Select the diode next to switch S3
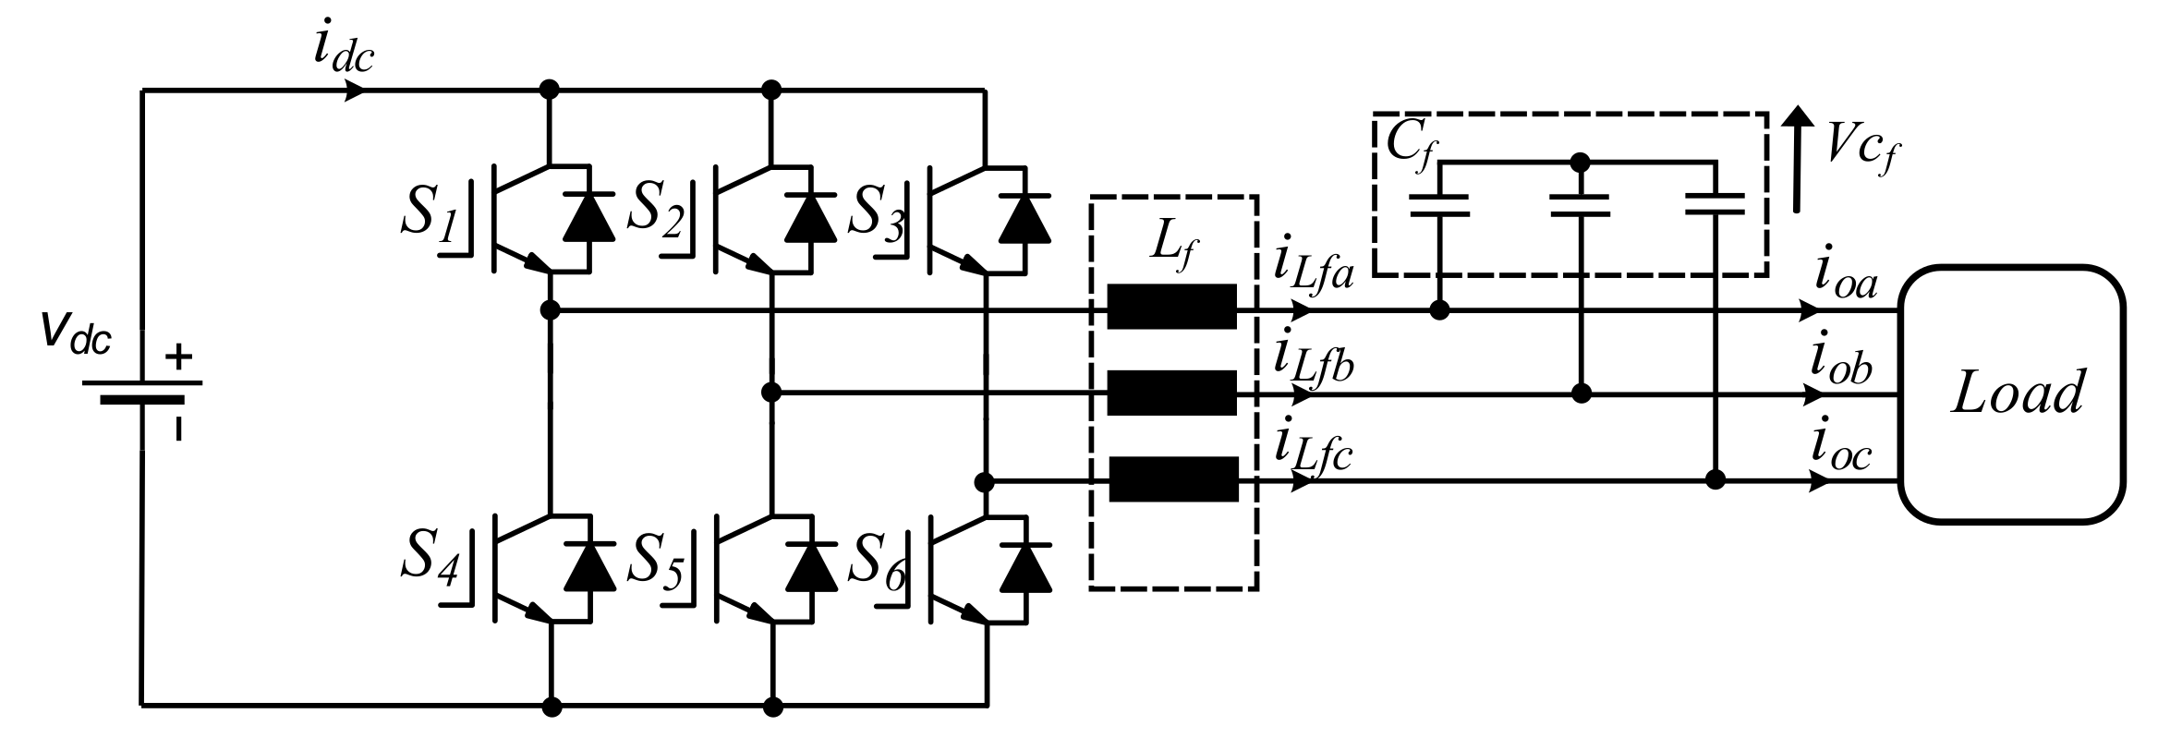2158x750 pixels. tap(1025, 218)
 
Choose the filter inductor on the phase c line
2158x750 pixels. tap(1172, 479)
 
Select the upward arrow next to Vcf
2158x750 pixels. tap(1797, 157)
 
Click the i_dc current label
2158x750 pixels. tap(342, 48)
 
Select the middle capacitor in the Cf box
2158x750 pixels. tap(1579, 204)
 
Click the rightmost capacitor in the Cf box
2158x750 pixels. tap(1715, 204)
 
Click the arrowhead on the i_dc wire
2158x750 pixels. tap(356, 91)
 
